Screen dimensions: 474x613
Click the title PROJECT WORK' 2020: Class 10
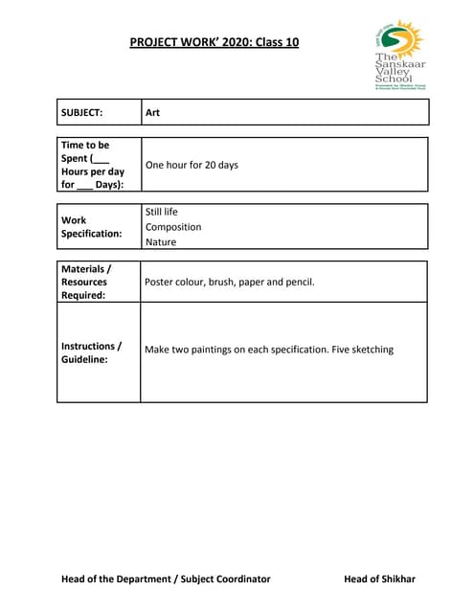point(214,42)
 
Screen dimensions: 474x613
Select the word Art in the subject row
point(152,112)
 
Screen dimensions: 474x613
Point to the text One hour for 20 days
point(192,165)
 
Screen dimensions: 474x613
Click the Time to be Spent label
point(92,165)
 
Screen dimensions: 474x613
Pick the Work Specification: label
point(91,226)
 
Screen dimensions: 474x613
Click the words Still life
point(161,212)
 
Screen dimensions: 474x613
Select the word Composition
point(172,227)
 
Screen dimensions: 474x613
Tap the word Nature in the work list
point(160,242)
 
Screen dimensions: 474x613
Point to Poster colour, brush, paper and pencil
point(229,282)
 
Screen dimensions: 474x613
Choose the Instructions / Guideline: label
point(91,352)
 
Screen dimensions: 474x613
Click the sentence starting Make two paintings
point(268,350)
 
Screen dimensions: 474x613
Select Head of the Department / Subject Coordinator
point(166,579)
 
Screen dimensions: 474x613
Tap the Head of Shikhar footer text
point(379,579)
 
